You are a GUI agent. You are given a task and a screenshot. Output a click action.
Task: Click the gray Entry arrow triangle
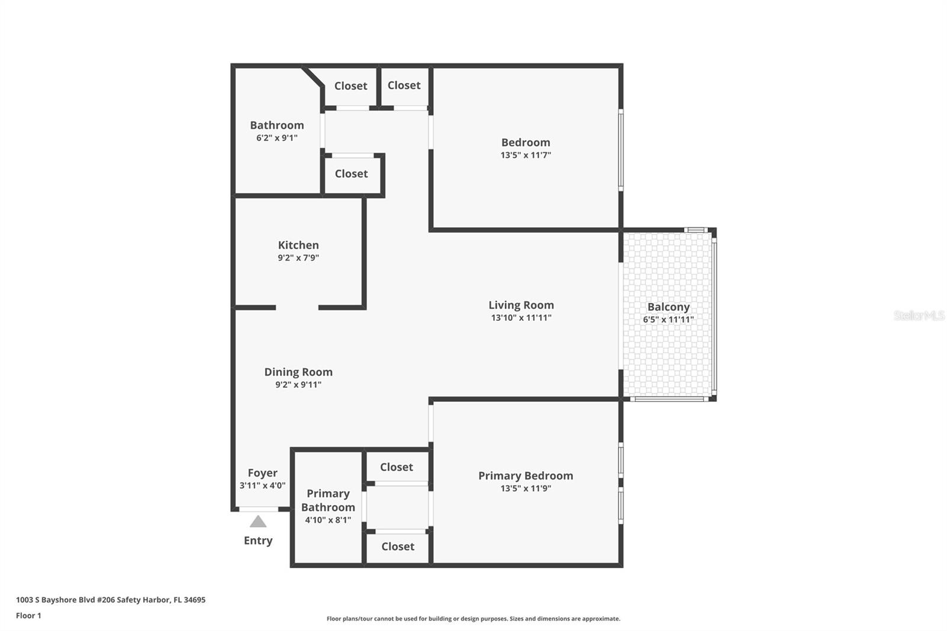point(258,522)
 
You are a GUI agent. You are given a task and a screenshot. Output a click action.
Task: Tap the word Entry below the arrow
point(258,540)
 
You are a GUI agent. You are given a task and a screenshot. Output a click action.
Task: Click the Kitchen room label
point(298,245)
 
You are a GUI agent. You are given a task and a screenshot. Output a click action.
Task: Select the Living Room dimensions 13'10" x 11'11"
point(521,318)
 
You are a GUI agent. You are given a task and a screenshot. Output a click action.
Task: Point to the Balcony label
point(668,307)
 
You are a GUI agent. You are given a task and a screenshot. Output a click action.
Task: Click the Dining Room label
point(298,372)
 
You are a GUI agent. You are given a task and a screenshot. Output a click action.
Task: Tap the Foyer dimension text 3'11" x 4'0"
point(262,485)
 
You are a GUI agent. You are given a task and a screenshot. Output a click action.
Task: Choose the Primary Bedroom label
point(526,476)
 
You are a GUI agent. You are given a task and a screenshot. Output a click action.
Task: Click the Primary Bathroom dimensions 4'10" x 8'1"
point(328,520)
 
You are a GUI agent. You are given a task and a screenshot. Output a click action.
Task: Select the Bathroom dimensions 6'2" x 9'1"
point(276,138)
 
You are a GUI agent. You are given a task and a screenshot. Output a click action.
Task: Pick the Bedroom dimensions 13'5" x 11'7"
point(526,155)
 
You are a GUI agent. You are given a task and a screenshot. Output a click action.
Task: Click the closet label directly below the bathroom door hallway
point(351,174)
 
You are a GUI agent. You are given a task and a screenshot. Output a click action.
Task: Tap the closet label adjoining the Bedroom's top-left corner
point(404,85)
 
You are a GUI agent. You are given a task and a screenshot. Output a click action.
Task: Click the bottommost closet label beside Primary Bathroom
point(397,546)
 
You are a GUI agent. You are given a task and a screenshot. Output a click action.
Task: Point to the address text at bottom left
point(111,600)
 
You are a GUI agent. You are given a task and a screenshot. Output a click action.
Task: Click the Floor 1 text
point(28,616)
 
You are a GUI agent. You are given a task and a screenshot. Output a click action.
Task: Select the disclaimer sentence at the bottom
point(473,619)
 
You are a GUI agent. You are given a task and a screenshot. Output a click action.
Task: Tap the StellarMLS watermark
point(919,315)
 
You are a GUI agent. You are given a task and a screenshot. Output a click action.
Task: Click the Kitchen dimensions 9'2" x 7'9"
point(298,257)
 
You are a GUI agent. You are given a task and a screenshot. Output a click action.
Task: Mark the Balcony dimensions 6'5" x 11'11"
point(668,320)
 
